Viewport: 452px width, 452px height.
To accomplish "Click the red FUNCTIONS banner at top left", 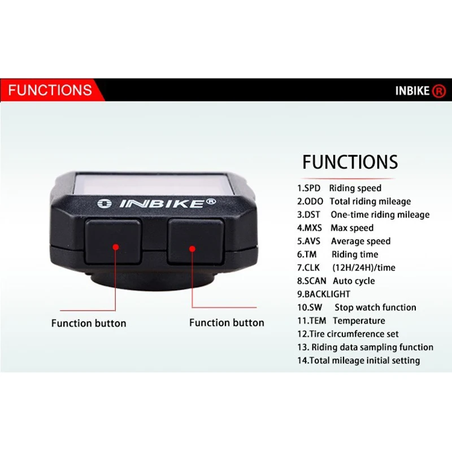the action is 50,90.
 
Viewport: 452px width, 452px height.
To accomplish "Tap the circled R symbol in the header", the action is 438,90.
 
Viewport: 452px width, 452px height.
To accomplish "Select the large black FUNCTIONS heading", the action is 350,162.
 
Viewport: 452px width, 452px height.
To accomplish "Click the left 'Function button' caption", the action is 89,323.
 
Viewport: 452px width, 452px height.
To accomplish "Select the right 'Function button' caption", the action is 227,323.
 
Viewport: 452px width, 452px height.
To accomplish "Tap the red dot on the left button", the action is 115,247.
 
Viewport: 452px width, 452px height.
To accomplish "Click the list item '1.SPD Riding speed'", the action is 339,188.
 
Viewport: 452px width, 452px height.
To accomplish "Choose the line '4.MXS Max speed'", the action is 335,228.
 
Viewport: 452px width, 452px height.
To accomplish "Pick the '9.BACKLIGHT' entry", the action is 324,294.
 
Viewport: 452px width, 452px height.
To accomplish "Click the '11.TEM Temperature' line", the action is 341,320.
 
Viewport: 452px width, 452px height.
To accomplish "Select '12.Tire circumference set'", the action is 349,334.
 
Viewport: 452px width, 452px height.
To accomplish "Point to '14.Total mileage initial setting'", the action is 358,360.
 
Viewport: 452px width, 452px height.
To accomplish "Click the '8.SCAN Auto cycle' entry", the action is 336,281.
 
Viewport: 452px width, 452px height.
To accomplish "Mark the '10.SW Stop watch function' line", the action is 357,307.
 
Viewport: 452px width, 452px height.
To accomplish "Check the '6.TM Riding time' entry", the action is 337,254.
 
